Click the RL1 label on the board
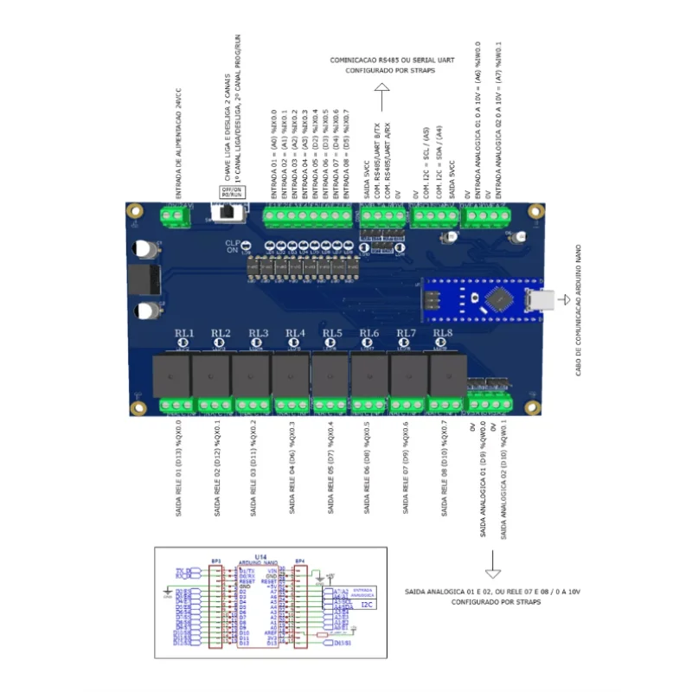pyautogui.click(x=184, y=333)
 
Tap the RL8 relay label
pyautogui.click(x=443, y=333)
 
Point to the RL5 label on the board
pyautogui.click(x=332, y=333)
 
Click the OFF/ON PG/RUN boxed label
pyautogui.click(x=231, y=191)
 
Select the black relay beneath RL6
pyautogui.click(x=368, y=376)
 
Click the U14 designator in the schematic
pyautogui.click(x=259, y=556)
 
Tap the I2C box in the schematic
pyautogui.click(x=365, y=605)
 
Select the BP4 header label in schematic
pyautogui.click(x=300, y=561)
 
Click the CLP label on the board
pyautogui.click(x=232, y=243)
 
